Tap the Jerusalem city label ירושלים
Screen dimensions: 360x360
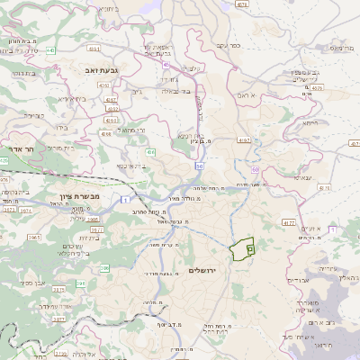(205, 270)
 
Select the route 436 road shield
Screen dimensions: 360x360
(150, 153)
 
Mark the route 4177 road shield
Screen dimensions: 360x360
(287, 221)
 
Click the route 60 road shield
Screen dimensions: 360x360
(256, 169)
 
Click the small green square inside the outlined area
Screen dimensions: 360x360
(250, 247)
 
